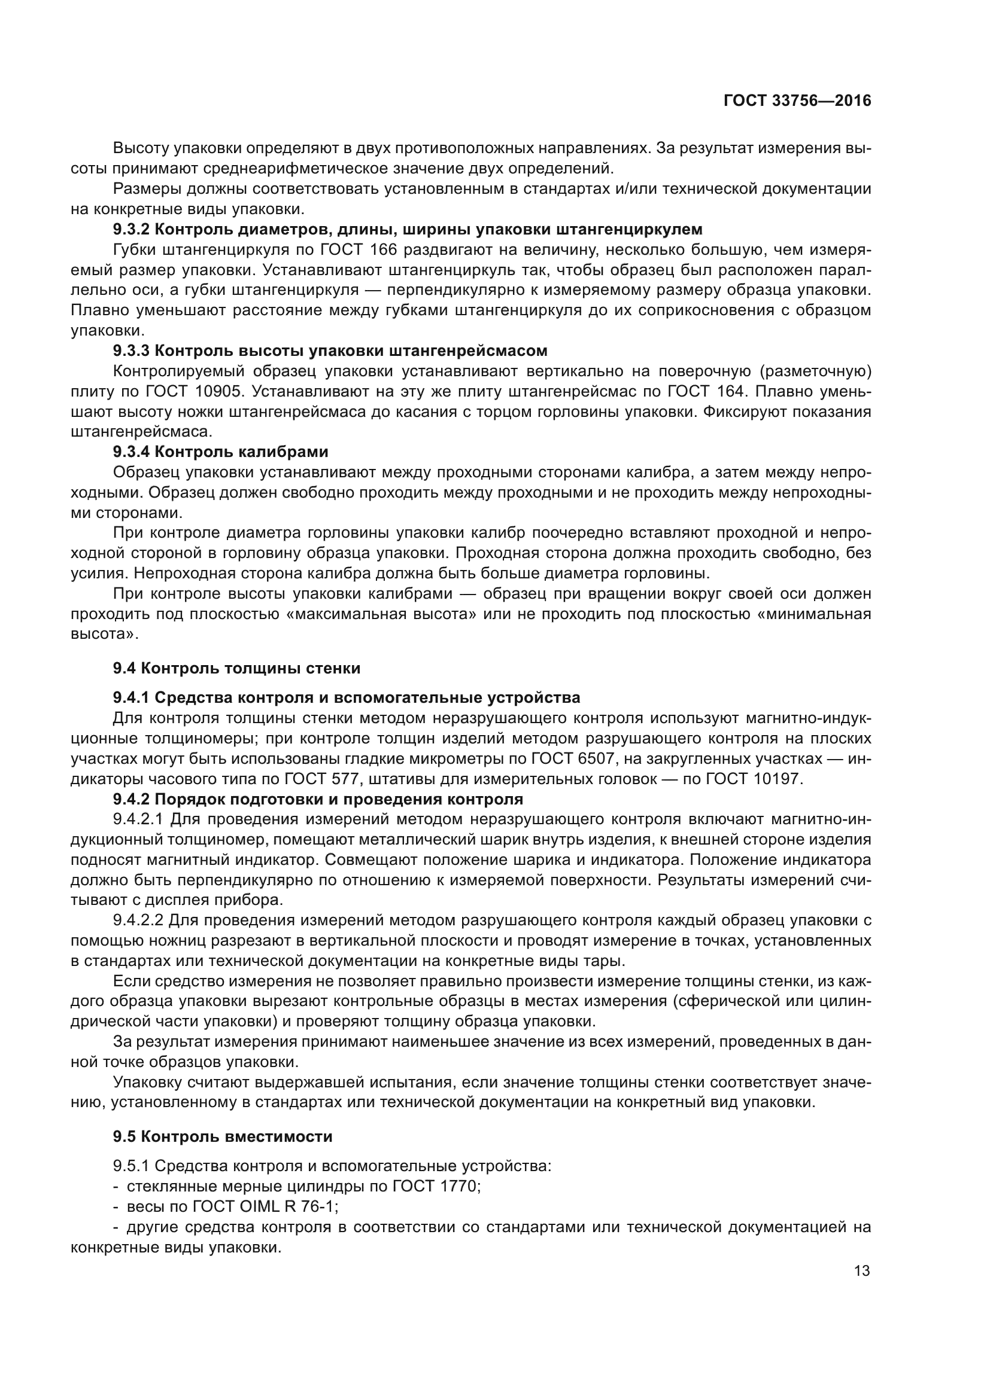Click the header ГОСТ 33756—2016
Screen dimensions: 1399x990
pyautogui.click(x=797, y=101)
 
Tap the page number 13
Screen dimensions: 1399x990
pyautogui.click(x=862, y=1271)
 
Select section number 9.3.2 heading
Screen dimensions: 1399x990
pyautogui.click(x=131, y=230)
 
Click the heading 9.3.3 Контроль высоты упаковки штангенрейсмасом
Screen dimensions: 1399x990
pyautogui.click(x=330, y=351)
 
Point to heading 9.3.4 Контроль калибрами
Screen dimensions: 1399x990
pyautogui.click(x=220, y=452)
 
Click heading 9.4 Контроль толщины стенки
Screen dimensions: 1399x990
pyautogui.click(x=236, y=669)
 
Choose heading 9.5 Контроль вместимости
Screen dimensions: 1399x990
pyautogui.click(x=223, y=1136)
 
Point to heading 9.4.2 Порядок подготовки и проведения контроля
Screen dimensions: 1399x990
pyautogui.click(x=318, y=799)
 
